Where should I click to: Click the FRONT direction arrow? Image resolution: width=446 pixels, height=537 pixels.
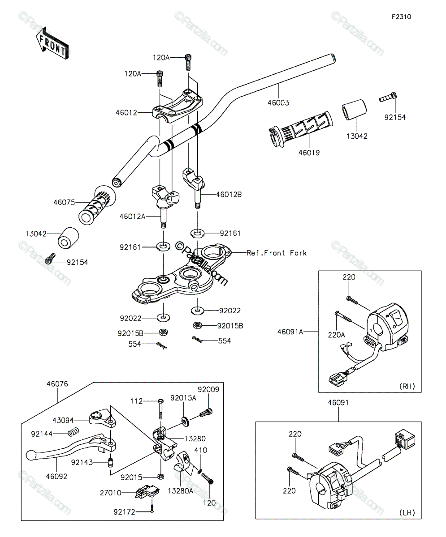[x=52, y=43]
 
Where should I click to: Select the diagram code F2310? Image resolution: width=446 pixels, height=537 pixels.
[x=402, y=17]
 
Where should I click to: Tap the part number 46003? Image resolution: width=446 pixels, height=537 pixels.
[x=278, y=102]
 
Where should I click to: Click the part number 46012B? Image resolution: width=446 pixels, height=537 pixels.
[x=229, y=194]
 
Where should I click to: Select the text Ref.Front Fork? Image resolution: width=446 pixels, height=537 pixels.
[x=277, y=253]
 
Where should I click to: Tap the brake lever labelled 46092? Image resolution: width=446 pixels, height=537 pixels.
[x=71, y=447]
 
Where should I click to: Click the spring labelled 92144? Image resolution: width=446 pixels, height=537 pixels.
[x=74, y=432]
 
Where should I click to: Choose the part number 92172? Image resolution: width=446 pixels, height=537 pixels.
[x=125, y=512]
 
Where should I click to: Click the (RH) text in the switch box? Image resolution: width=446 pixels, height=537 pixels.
[x=407, y=386]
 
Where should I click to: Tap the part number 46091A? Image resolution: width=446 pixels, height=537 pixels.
[x=290, y=332]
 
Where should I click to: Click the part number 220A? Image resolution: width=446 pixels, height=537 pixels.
[x=337, y=335]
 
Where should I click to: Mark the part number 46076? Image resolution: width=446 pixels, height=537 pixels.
[x=57, y=384]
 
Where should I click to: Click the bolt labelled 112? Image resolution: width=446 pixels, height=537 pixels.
[x=160, y=409]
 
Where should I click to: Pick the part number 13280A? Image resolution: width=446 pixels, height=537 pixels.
[x=181, y=491]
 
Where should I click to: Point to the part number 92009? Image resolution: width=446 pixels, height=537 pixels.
[x=208, y=389]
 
